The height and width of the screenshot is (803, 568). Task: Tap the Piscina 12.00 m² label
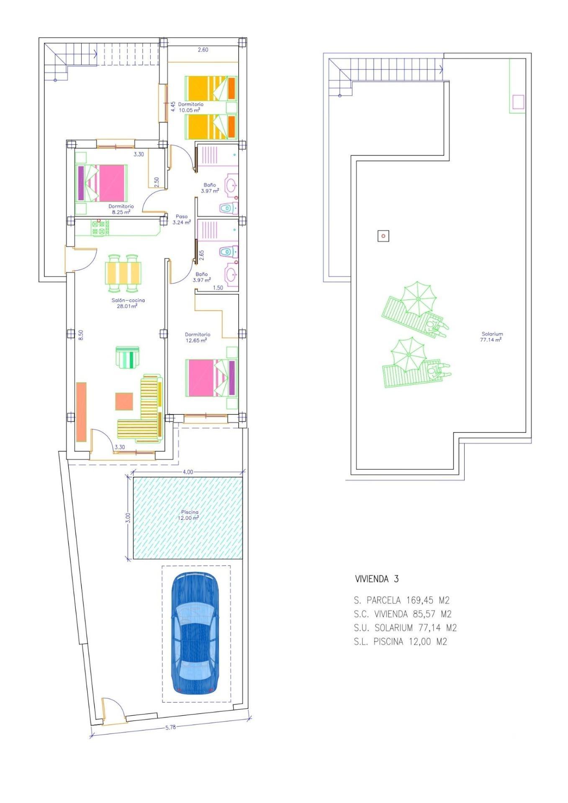(x=189, y=515)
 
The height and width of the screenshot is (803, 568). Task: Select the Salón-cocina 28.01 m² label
(x=128, y=303)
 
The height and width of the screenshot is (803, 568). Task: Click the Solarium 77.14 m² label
(x=492, y=337)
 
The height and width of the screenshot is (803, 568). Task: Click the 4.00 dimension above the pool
(x=188, y=472)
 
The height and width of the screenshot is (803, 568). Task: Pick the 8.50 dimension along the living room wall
(x=81, y=335)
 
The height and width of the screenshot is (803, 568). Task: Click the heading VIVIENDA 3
(x=377, y=579)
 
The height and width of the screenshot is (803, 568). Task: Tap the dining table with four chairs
(x=123, y=273)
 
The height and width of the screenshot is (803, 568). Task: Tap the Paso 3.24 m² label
(x=182, y=220)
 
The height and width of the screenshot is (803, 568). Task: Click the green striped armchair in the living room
(x=128, y=357)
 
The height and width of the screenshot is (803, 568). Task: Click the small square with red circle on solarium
(x=383, y=236)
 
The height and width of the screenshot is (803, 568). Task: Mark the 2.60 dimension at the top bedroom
(x=203, y=50)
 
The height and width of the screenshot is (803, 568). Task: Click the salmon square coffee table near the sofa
(x=124, y=401)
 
